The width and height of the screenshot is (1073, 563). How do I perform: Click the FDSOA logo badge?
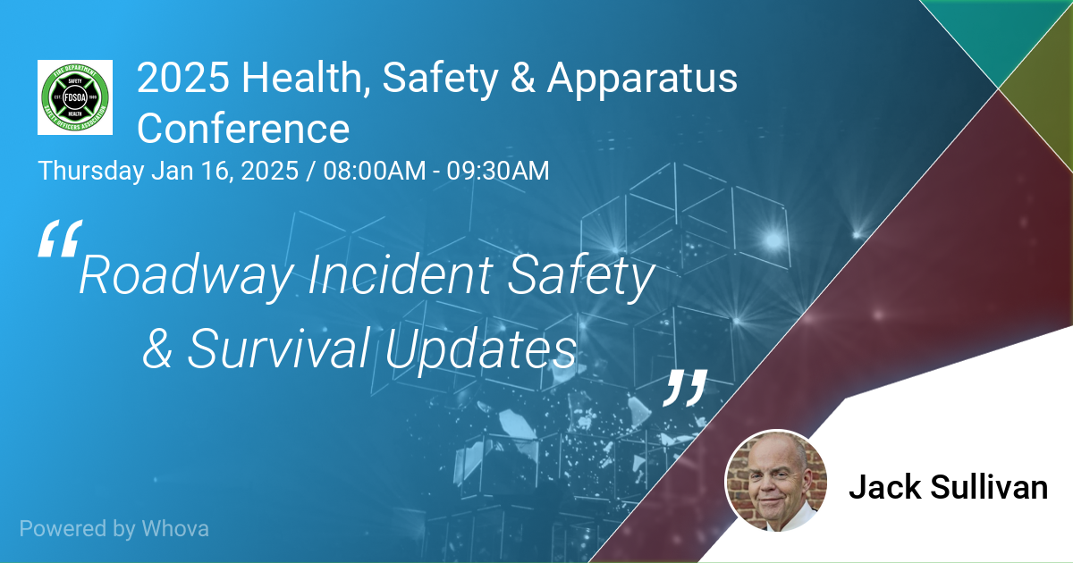[x=75, y=97]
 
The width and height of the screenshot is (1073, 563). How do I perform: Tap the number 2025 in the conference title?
[x=183, y=78]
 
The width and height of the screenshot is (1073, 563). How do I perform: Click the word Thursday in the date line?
[x=91, y=172]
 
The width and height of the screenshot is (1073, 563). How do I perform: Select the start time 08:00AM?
[x=374, y=171]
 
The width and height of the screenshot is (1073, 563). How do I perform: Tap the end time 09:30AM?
[x=498, y=171]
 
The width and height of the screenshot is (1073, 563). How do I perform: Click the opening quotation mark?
[x=61, y=239]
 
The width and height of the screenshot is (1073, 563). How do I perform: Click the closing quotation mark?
[x=685, y=388]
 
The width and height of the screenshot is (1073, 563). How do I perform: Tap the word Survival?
[x=278, y=348]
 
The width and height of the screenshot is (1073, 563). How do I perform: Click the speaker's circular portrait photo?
[x=776, y=481]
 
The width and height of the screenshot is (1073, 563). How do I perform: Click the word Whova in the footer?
[x=175, y=528]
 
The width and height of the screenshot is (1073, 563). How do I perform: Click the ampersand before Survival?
[x=157, y=349]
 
